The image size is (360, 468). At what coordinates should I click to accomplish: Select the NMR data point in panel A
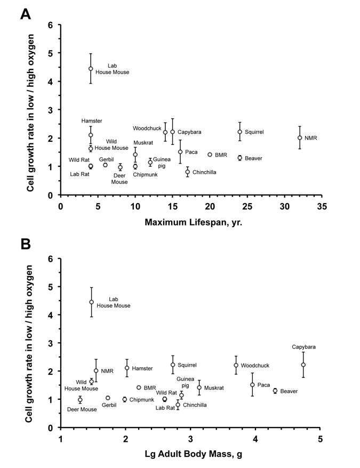pos(300,138)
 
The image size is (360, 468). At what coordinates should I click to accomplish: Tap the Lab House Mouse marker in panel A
pos(91,69)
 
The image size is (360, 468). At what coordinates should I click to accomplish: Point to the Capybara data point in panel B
pos(303,365)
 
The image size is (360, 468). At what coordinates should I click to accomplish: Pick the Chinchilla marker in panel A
pos(188,172)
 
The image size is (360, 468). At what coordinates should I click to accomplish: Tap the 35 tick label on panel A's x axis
pos(322,205)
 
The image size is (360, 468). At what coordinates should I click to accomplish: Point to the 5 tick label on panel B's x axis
pos(320,438)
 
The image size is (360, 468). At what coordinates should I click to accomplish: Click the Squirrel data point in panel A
pos(240,132)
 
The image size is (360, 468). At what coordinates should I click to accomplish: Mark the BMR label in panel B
pos(150,388)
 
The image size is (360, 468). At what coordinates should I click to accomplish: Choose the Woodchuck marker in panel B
pos(236,365)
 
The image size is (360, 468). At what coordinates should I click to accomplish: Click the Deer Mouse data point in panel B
pos(80,400)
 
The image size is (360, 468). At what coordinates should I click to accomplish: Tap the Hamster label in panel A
pos(91,121)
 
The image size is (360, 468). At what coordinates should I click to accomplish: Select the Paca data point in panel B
pos(252,384)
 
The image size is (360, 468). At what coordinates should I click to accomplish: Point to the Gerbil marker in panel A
pos(106,165)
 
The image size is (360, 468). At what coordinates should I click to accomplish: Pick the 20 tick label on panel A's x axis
pos(210,205)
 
